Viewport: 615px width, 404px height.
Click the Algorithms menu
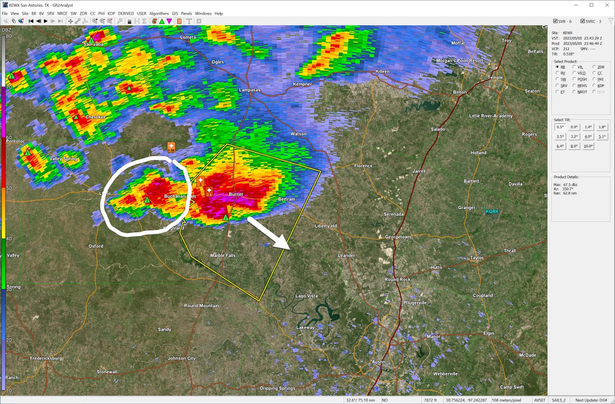159,13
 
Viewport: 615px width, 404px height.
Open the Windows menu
203,13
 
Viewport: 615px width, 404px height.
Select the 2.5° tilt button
560,136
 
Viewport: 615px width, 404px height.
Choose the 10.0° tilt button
588,146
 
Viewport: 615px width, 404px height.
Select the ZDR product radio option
594,67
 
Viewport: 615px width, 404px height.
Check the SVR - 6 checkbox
556,21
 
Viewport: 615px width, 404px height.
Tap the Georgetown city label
398,237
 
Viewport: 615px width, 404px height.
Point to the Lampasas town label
250,90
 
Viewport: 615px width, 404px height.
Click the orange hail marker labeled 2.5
209,192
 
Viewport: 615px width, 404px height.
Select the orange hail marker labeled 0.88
171,147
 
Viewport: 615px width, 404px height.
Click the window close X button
605,5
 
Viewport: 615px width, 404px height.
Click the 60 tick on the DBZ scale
8,138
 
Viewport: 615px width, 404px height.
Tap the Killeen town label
382,71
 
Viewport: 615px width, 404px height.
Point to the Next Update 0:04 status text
591,399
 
